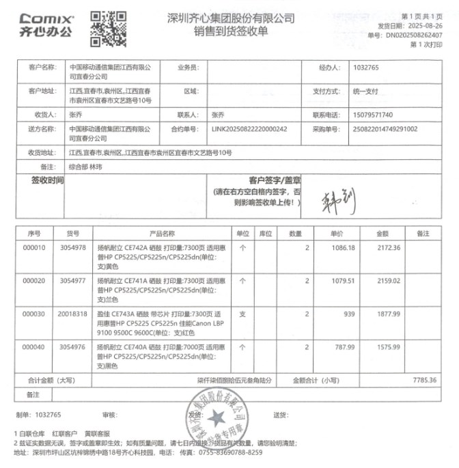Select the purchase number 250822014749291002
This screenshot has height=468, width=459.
(385, 128)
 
